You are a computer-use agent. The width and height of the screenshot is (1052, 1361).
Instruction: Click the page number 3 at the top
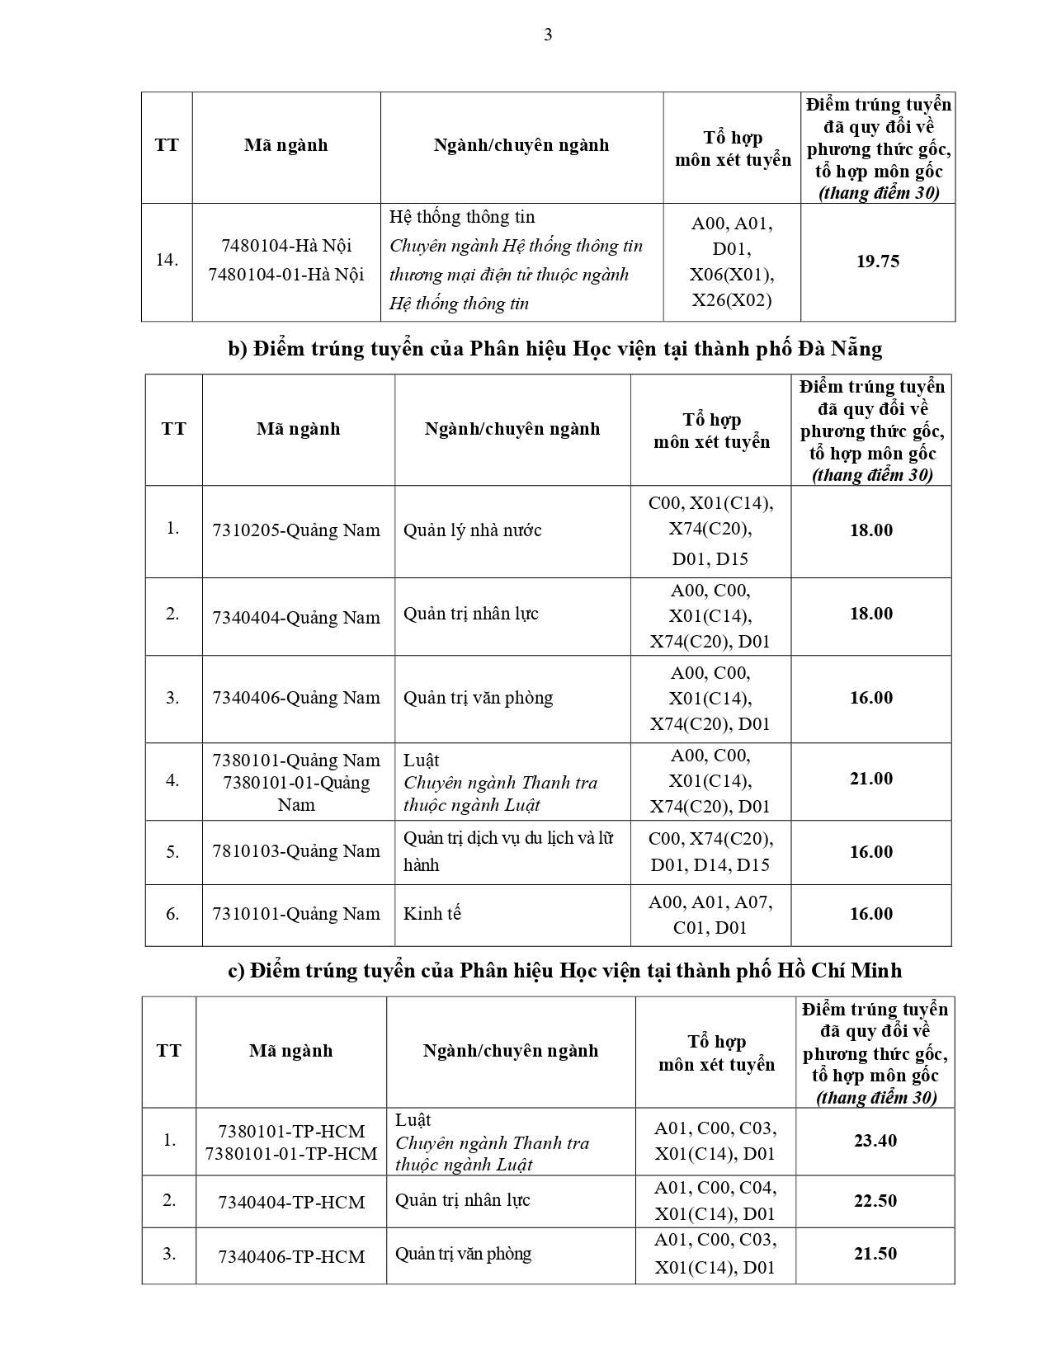point(548,35)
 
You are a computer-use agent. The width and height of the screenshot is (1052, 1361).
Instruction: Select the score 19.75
point(877,261)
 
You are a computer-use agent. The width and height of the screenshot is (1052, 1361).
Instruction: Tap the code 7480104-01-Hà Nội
point(285,274)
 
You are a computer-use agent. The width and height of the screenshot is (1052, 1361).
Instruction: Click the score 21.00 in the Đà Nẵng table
point(870,779)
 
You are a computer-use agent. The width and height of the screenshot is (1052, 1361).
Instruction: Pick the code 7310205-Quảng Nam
point(296,530)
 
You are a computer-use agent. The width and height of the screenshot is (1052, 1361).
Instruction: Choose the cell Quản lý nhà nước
point(472,530)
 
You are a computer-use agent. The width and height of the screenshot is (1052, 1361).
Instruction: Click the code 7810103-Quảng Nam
point(296,850)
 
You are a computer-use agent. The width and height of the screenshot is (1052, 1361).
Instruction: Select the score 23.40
point(875,1141)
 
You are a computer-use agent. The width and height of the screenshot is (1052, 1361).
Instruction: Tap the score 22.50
point(875,1200)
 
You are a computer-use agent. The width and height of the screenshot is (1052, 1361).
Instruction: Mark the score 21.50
point(875,1253)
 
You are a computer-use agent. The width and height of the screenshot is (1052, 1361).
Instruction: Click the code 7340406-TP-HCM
point(291,1256)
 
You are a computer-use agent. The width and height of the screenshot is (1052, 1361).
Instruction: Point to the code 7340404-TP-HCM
point(291,1202)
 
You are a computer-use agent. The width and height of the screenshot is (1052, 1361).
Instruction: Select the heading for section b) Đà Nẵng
point(554,349)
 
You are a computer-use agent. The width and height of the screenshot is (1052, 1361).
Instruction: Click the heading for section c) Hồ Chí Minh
point(564,970)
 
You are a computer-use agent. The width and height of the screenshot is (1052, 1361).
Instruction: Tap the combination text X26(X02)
point(731,299)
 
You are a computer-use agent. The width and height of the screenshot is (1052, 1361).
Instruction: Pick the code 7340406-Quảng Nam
point(296,697)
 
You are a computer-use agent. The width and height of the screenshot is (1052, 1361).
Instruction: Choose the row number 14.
point(167,260)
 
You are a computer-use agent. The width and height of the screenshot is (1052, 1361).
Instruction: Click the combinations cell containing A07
point(710,914)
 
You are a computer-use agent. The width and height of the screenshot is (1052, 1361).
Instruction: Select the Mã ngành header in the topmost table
point(285,145)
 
